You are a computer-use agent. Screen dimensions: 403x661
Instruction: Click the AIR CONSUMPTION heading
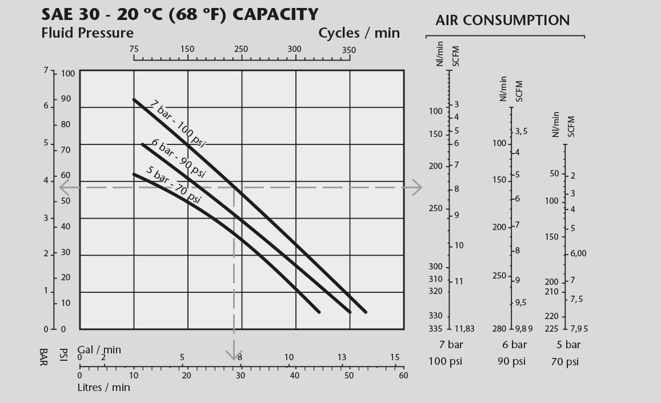(502, 21)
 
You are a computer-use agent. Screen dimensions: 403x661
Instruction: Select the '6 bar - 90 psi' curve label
(178, 158)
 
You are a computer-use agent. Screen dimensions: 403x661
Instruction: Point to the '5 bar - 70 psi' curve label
(174, 184)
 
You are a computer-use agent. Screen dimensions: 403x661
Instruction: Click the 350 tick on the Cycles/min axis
(348, 50)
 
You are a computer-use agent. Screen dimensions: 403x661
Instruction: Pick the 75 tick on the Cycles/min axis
(134, 49)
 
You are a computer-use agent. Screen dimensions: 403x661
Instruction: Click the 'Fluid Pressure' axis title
(87, 33)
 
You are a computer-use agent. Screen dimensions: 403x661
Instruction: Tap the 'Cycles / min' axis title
(359, 33)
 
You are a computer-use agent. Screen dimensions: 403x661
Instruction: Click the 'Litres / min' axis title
(103, 388)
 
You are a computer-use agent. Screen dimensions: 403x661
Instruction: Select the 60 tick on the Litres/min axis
(403, 375)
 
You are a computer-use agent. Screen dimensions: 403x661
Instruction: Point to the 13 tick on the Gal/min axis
(342, 357)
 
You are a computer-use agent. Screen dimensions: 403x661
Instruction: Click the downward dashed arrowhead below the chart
(234, 355)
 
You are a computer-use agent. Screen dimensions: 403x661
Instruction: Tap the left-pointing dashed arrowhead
(64, 187)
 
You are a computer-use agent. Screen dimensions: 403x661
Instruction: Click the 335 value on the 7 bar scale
(435, 328)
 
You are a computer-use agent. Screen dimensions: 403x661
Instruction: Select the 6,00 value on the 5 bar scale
(578, 253)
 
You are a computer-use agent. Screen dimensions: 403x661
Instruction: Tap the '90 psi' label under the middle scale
(511, 361)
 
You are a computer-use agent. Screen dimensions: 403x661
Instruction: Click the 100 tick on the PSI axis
(68, 74)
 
